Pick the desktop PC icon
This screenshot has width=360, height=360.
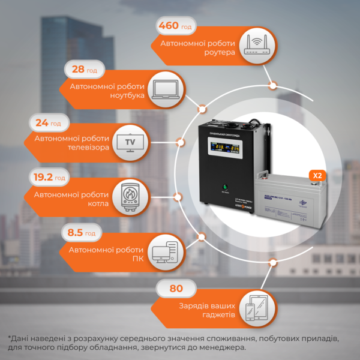163,250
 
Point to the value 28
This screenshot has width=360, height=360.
78,70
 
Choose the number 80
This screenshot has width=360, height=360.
176,289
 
